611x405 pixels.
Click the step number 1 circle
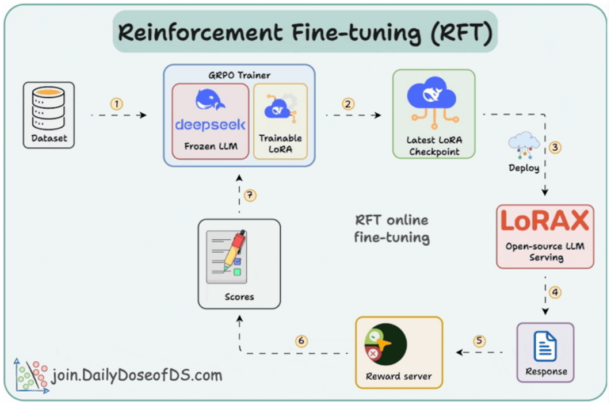[x=117, y=104]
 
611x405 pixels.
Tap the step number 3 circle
[x=555, y=147]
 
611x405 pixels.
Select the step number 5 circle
[x=479, y=341]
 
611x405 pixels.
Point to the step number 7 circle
[x=250, y=195]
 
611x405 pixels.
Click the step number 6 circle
[x=301, y=341]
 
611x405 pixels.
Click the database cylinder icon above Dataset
[x=49, y=108]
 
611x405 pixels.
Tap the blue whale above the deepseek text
[x=210, y=100]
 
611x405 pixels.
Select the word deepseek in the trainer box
[x=210, y=125]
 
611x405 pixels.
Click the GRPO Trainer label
[x=239, y=75]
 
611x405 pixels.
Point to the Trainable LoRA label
[x=280, y=143]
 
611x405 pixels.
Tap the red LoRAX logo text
[x=545, y=221]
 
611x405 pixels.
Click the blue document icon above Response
[x=545, y=346]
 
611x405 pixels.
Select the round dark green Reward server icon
[x=385, y=344]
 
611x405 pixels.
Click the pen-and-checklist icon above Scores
[x=227, y=257]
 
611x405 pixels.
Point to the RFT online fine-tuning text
[x=392, y=229]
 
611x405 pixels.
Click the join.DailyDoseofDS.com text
[x=137, y=376]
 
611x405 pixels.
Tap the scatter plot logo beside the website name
[x=31, y=376]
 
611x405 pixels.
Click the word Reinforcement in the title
[x=200, y=32]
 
